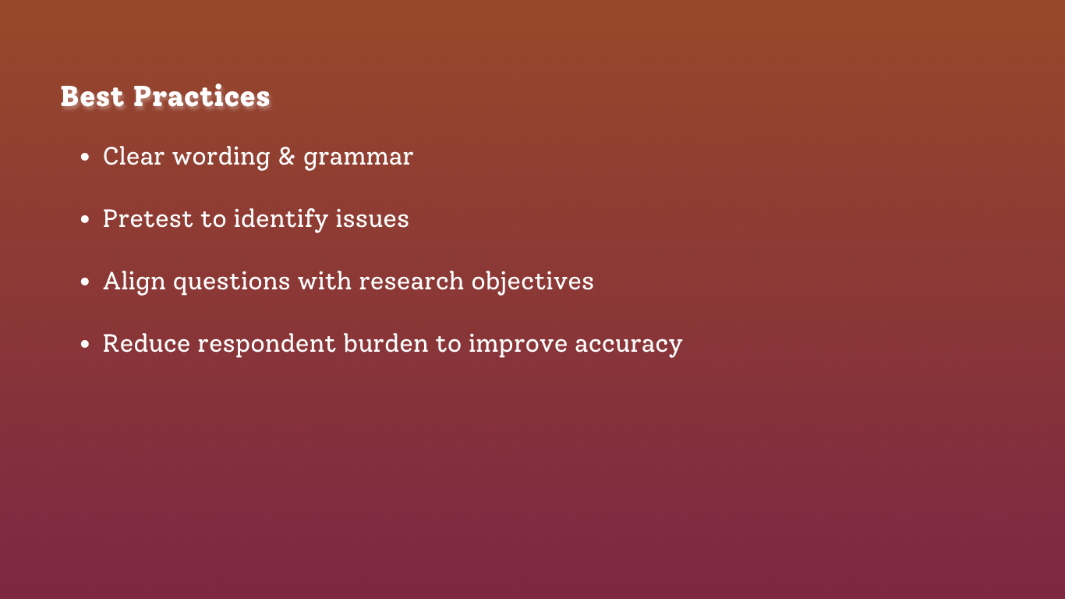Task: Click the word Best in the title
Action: (92, 97)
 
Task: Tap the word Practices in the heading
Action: (202, 97)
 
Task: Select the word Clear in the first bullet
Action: (133, 156)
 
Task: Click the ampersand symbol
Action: (286, 156)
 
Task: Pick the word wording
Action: (221, 158)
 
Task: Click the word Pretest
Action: (148, 219)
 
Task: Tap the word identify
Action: (281, 220)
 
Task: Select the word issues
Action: (372, 219)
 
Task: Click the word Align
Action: (135, 282)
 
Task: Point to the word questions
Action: (232, 282)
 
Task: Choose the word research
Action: (411, 282)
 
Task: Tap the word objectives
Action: (532, 282)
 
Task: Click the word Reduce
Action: (147, 343)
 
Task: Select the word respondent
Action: (267, 345)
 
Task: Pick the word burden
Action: (386, 343)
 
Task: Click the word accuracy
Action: (628, 346)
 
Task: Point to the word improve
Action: (518, 345)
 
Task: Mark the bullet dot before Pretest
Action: (85, 219)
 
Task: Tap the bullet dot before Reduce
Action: (85, 344)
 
